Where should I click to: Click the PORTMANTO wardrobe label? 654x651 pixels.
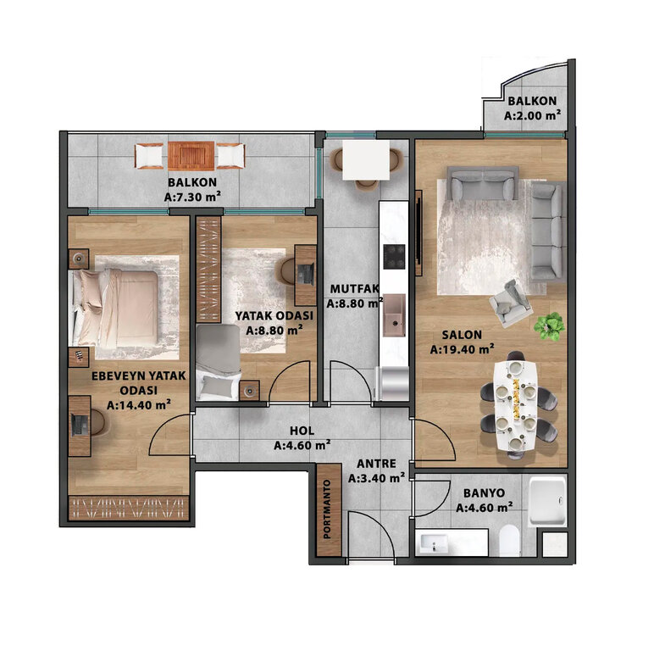327,509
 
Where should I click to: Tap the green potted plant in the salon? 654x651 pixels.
549,326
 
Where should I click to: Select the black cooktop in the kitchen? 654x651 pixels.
394,257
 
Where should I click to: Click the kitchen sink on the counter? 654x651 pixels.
394,314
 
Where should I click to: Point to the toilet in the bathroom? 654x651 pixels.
509,541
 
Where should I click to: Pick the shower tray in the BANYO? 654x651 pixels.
547,502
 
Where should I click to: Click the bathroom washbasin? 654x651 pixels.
434,543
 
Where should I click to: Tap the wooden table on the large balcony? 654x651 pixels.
191,156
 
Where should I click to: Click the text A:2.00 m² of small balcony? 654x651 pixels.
532,115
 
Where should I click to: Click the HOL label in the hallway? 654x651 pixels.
302,431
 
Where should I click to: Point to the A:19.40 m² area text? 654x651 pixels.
463,349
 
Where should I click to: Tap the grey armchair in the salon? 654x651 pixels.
511,303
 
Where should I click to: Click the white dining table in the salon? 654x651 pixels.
516,406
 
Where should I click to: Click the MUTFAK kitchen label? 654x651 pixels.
354,289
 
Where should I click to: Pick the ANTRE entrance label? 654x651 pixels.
377,464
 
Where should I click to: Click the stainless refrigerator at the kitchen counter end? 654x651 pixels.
393,383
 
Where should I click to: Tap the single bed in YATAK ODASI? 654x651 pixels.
218,362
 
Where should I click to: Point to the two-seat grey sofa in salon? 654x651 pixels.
482,184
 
